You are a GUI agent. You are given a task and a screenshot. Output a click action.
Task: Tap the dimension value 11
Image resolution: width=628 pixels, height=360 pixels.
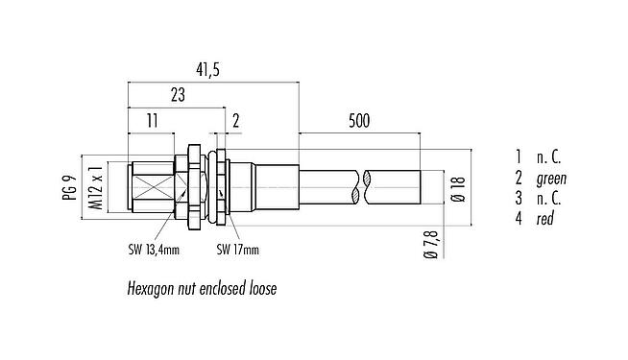[150, 120]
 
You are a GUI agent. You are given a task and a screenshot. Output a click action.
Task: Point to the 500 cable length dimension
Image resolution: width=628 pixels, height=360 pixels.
[359, 120]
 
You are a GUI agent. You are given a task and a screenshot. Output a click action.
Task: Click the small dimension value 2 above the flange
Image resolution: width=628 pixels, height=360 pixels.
[236, 120]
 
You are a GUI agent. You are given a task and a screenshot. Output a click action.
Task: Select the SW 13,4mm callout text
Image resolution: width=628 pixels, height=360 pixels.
[157, 251]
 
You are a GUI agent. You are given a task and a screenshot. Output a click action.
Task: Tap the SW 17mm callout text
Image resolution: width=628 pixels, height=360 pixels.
[236, 251]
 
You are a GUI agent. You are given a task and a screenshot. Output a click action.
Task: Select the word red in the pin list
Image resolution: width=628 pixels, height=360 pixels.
[543, 220]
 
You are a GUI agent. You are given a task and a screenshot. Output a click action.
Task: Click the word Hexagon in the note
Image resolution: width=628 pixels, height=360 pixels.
[154, 287]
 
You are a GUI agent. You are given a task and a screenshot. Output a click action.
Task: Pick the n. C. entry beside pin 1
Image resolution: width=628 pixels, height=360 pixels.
[547, 156]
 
